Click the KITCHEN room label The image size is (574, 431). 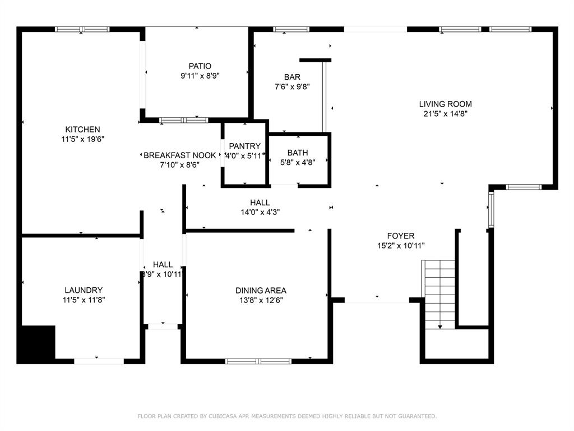83,130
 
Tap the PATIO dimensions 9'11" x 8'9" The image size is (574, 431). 200,76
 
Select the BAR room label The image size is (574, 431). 292,77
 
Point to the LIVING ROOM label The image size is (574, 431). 446,104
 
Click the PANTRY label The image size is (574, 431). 245,146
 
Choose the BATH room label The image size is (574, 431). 298,153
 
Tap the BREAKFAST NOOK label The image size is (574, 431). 180,155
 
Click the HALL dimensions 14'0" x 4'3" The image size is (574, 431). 260,212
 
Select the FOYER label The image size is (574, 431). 401,236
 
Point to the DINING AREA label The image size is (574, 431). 261,291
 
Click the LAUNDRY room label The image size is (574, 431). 84,290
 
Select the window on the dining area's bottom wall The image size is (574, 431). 258,361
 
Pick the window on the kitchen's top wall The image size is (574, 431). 82,29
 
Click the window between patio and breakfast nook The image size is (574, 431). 184,120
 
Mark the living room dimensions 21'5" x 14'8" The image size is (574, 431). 446,113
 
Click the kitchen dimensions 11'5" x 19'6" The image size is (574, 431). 83,139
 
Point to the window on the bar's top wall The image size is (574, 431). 291,29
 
